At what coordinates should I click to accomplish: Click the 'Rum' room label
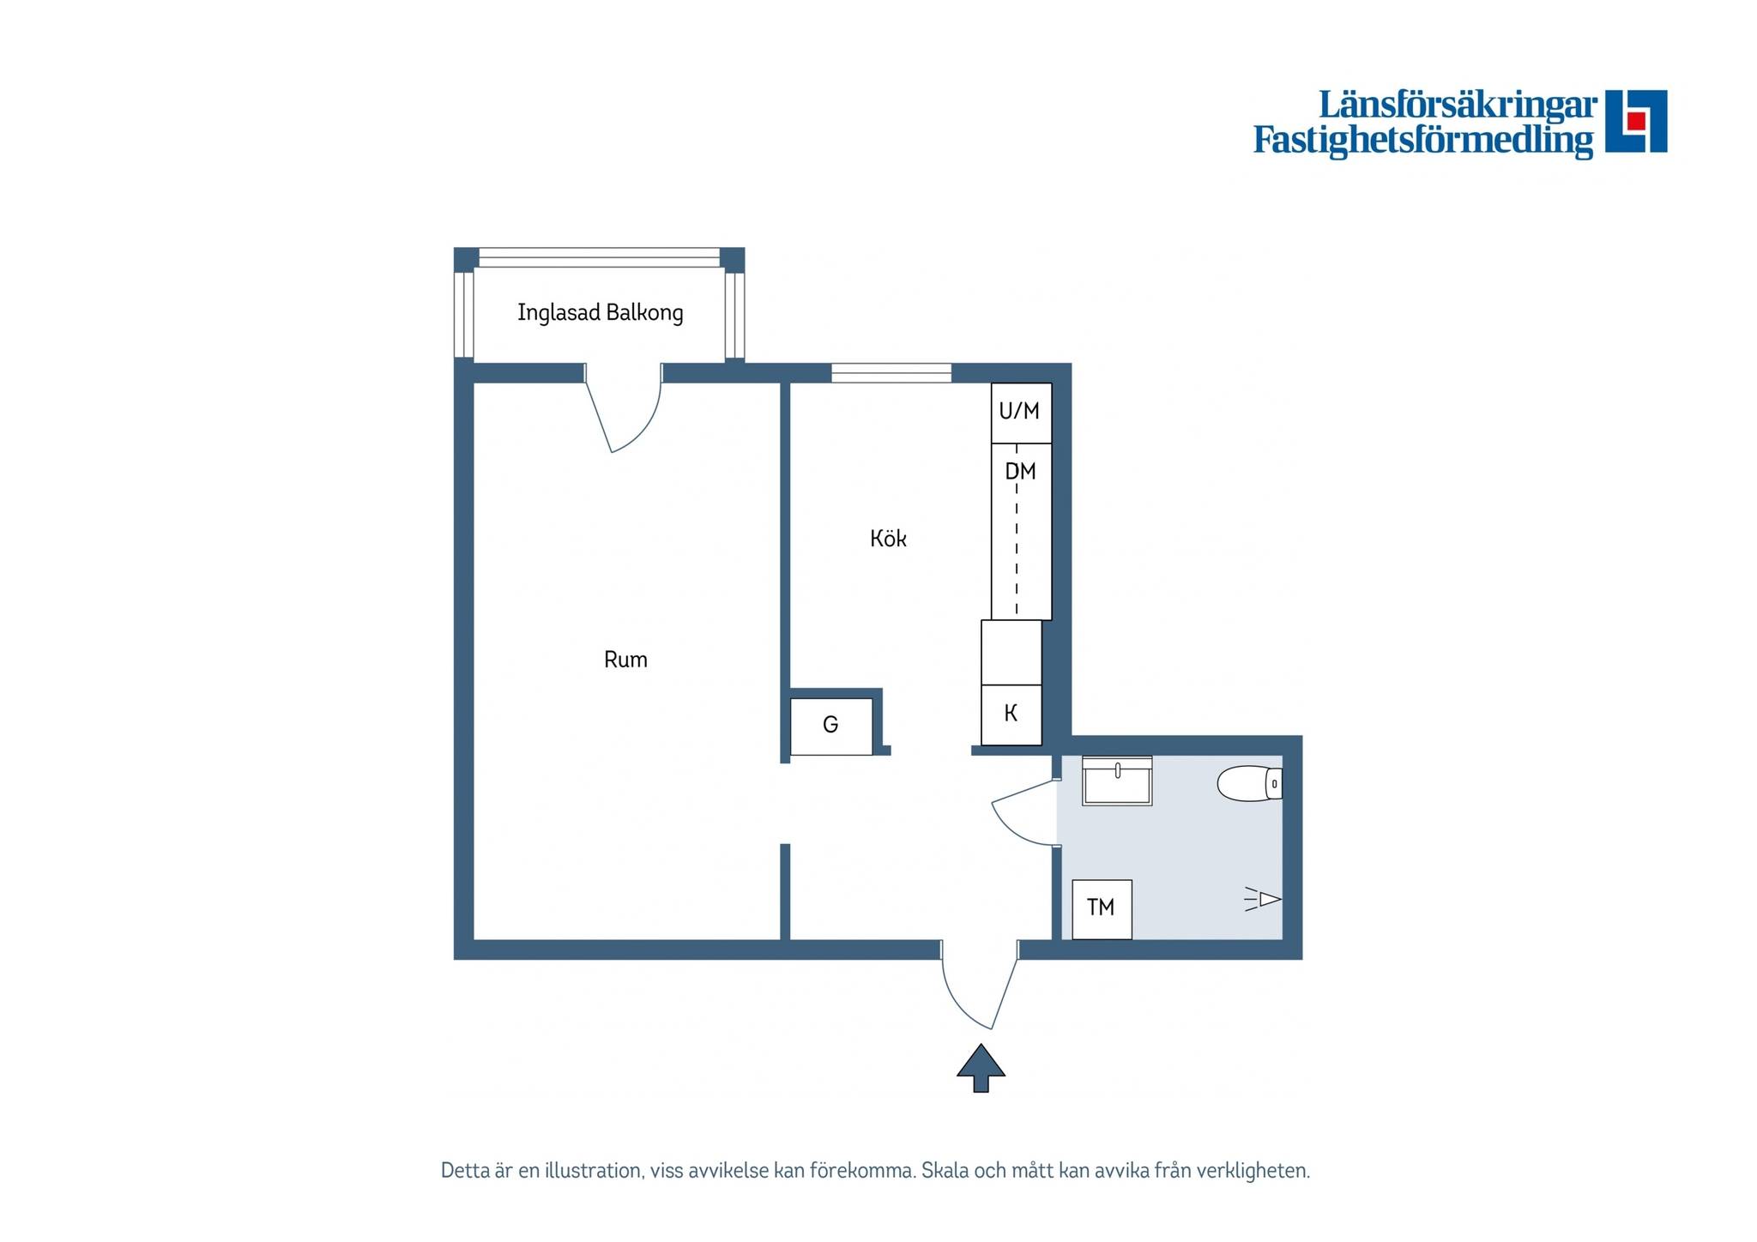pyautogui.click(x=625, y=660)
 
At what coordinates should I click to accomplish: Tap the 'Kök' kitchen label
pyautogui.click(x=888, y=538)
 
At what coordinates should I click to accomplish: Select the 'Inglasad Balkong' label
pyautogui.click(x=601, y=312)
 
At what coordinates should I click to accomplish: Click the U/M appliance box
pyautogui.click(x=1021, y=413)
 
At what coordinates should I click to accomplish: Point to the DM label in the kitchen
pyautogui.click(x=1020, y=471)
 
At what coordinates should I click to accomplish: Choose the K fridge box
pyautogui.click(x=1011, y=714)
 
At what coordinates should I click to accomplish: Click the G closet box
pyautogui.click(x=830, y=727)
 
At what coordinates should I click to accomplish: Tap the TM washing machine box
pyautogui.click(x=1102, y=909)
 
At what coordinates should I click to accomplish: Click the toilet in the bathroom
pyautogui.click(x=1250, y=783)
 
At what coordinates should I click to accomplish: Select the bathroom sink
pyautogui.click(x=1117, y=781)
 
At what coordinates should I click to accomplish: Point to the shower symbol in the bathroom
pyautogui.click(x=1263, y=899)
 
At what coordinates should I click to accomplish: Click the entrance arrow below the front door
pyautogui.click(x=981, y=1067)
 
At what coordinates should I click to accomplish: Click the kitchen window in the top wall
pyautogui.click(x=891, y=373)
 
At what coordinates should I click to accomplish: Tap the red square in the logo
pyautogui.click(x=1636, y=120)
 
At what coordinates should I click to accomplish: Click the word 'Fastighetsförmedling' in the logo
pyautogui.click(x=1423, y=140)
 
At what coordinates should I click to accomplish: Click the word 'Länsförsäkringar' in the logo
pyautogui.click(x=1458, y=106)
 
